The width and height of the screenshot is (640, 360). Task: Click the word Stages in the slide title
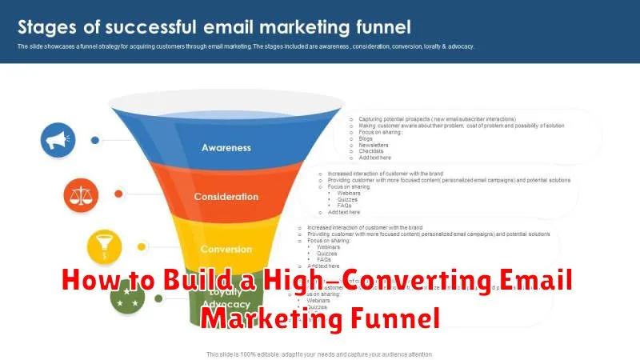click(x=47, y=27)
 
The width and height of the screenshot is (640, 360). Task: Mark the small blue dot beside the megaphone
click(x=95, y=139)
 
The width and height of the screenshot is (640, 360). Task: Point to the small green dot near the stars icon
click(x=159, y=298)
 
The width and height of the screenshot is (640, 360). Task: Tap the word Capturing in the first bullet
click(x=372, y=118)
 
